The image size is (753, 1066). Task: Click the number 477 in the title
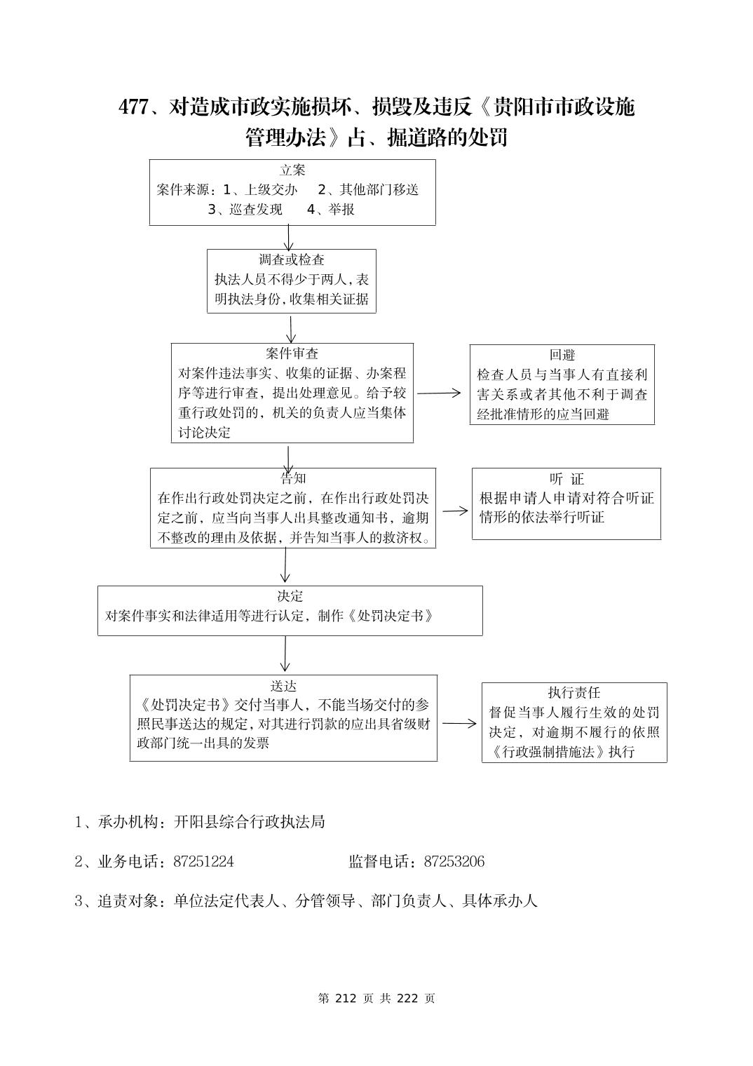coord(133,107)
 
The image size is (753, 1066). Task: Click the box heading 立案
coord(292,170)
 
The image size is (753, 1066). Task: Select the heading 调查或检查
coord(292,259)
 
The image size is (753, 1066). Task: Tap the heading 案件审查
coord(292,353)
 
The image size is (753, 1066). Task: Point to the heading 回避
coord(562,355)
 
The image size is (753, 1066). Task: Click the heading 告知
coord(293,478)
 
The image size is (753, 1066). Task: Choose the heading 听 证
coord(567,479)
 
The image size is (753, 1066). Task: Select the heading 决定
coord(290,596)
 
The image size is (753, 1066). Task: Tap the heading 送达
coord(283,685)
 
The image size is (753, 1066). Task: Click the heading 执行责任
coord(574,693)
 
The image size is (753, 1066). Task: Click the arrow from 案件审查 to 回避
coord(440,393)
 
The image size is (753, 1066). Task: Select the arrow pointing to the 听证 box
coord(455,511)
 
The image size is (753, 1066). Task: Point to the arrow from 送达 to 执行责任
coord(459,723)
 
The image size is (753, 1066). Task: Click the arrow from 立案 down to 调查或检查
coord(288,237)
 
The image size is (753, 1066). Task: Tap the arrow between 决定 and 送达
coord(285,654)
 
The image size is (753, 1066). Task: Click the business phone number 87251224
coord(203,861)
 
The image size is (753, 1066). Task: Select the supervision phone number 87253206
coord(454,861)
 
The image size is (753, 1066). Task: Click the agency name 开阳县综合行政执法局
coord(249,822)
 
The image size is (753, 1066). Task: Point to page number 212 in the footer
coord(346,998)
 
